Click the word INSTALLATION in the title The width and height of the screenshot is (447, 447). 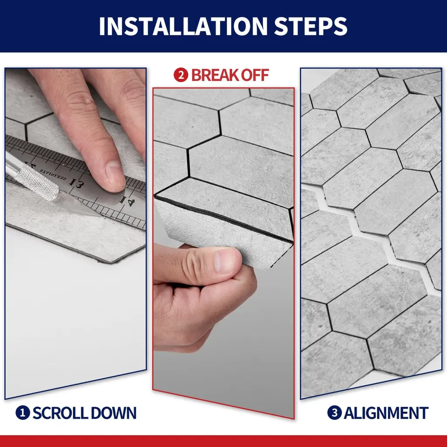point(183,26)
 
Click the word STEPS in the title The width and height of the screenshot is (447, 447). point(310,26)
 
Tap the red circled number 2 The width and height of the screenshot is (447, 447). point(181,75)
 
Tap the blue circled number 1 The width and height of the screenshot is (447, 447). point(23,413)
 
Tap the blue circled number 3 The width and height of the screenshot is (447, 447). point(334,413)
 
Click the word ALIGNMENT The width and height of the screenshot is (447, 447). point(386,413)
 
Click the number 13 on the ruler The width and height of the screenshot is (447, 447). point(76,184)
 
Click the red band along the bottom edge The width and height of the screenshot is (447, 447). point(223,441)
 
